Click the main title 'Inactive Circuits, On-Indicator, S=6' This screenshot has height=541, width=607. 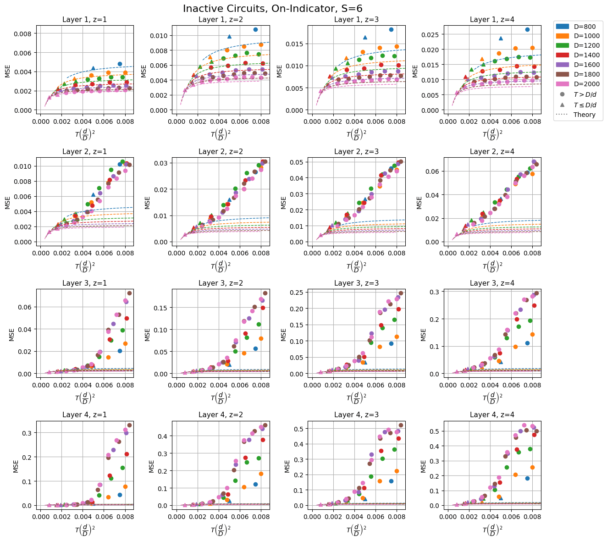pos(273,8)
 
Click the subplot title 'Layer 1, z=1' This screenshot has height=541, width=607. pos(84,19)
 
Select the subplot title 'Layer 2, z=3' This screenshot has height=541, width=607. pos(356,151)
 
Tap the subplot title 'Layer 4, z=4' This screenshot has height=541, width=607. pos(492,414)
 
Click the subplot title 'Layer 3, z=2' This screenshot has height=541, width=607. pos(221,283)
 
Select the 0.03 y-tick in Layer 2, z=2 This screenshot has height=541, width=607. pos(162,163)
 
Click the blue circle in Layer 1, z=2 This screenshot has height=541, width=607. pos(255,29)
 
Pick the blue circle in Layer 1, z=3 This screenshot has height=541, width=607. pos(391,29)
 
